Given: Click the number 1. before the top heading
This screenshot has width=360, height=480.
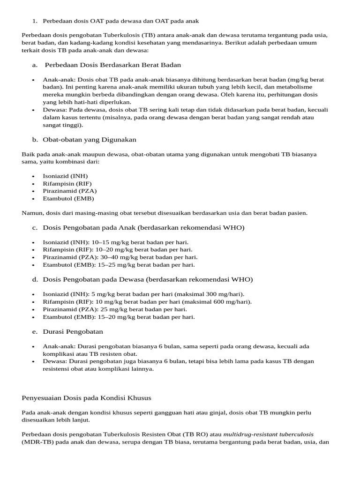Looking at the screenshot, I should pyautogui.click(x=34, y=21).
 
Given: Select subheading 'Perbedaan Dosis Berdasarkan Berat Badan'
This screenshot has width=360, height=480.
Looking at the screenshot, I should pyautogui.click(x=112, y=65).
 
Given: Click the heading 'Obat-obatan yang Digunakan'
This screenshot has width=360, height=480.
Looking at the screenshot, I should pyautogui.click(x=90, y=139).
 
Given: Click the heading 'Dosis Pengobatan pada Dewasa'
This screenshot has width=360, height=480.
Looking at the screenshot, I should pyautogui.click(x=93, y=279).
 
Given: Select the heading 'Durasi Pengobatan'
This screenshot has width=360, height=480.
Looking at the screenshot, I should pyautogui.click(x=73, y=331).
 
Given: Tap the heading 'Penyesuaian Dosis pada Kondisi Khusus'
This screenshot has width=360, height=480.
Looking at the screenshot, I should pyautogui.click(x=87, y=398).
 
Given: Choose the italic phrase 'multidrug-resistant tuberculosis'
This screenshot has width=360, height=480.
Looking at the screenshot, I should pyautogui.click(x=269, y=434).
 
